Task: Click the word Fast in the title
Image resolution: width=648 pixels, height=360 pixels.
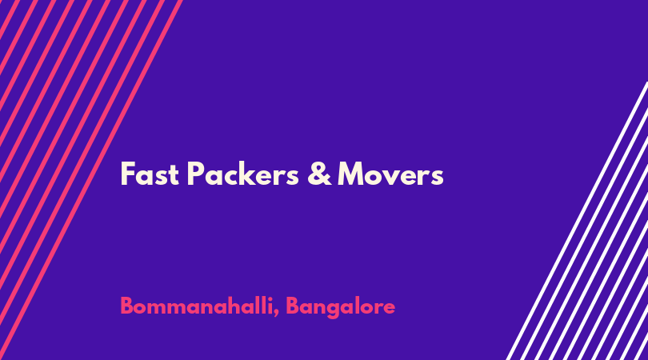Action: tap(150, 174)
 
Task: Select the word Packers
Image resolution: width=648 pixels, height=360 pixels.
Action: tap(242, 174)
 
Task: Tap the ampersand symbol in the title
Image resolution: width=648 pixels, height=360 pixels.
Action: tap(319, 174)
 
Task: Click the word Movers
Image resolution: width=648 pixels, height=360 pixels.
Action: tap(390, 174)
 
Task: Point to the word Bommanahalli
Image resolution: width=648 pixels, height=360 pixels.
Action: tap(197, 306)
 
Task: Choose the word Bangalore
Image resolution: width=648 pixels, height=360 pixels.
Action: tap(341, 306)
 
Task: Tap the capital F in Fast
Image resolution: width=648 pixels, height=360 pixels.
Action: tap(127, 174)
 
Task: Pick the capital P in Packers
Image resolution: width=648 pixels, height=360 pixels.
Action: tap(196, 174)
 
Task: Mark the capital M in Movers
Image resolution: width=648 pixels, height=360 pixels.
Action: tap(350, 174)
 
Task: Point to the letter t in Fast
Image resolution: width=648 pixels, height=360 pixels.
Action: tap(174, 175)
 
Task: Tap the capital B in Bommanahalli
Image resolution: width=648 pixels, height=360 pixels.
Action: tap(126, 306)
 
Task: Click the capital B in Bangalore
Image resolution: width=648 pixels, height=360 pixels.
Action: tap(292, 306)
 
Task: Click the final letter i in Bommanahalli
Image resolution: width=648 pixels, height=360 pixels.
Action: tap(270, 306)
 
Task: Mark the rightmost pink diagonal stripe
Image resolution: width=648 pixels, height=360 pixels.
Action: tap(91, 180)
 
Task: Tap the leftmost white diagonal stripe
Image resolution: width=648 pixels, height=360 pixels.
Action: tap(577, 221)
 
